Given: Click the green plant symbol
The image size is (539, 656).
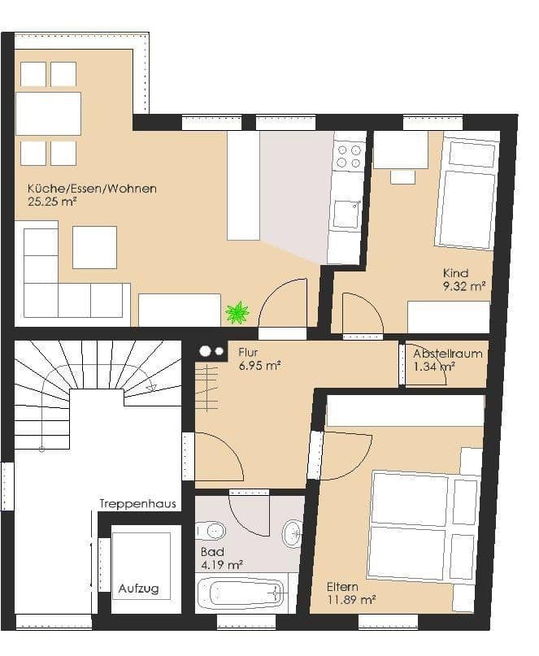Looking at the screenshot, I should pyautogui.click(x=237, y=311).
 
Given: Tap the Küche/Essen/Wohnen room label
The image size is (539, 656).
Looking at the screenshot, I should pyautogui.click(x=92, y=189).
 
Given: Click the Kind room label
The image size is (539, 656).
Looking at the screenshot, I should pyautogui.click(x=455, y=273).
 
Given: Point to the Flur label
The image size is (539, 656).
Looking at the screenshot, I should pyautogui.click(x=248, y=353).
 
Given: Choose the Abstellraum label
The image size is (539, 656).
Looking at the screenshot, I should pyautogui.click(x=447, y=354).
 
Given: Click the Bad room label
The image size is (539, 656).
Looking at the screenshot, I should pyautogui.click(x=210, y=551).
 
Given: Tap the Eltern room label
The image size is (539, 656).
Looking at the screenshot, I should pyautogui.click(x=342, y=586).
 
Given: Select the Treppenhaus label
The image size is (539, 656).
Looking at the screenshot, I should pyautogui.click(x=138, y=504).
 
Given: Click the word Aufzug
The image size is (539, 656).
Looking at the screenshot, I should pyautogui.click(x=138, y=589).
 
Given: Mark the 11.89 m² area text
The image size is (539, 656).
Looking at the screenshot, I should pyautogui.click(x=351, y=600).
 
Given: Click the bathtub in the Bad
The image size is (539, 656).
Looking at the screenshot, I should pyautogui.click(x=241, y=593).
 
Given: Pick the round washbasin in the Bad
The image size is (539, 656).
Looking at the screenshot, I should pyautogui.click(x=292, y=534).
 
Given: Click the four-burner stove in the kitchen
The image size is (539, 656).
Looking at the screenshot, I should pyautogui.click(x=349, y=156).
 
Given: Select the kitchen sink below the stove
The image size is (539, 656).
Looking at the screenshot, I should pyautogui.click(x=346, y=214).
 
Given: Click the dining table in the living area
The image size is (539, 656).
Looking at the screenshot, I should pyautogui.click(x=48, y=113).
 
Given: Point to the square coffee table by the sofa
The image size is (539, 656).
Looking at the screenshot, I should pyautogui.click(x=94, y=247).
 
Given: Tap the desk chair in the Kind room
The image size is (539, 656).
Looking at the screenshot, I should pyautogui.click(x=402, y=176).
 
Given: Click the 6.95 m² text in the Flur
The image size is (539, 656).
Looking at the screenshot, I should pyautogui.click(x=259, y=367).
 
